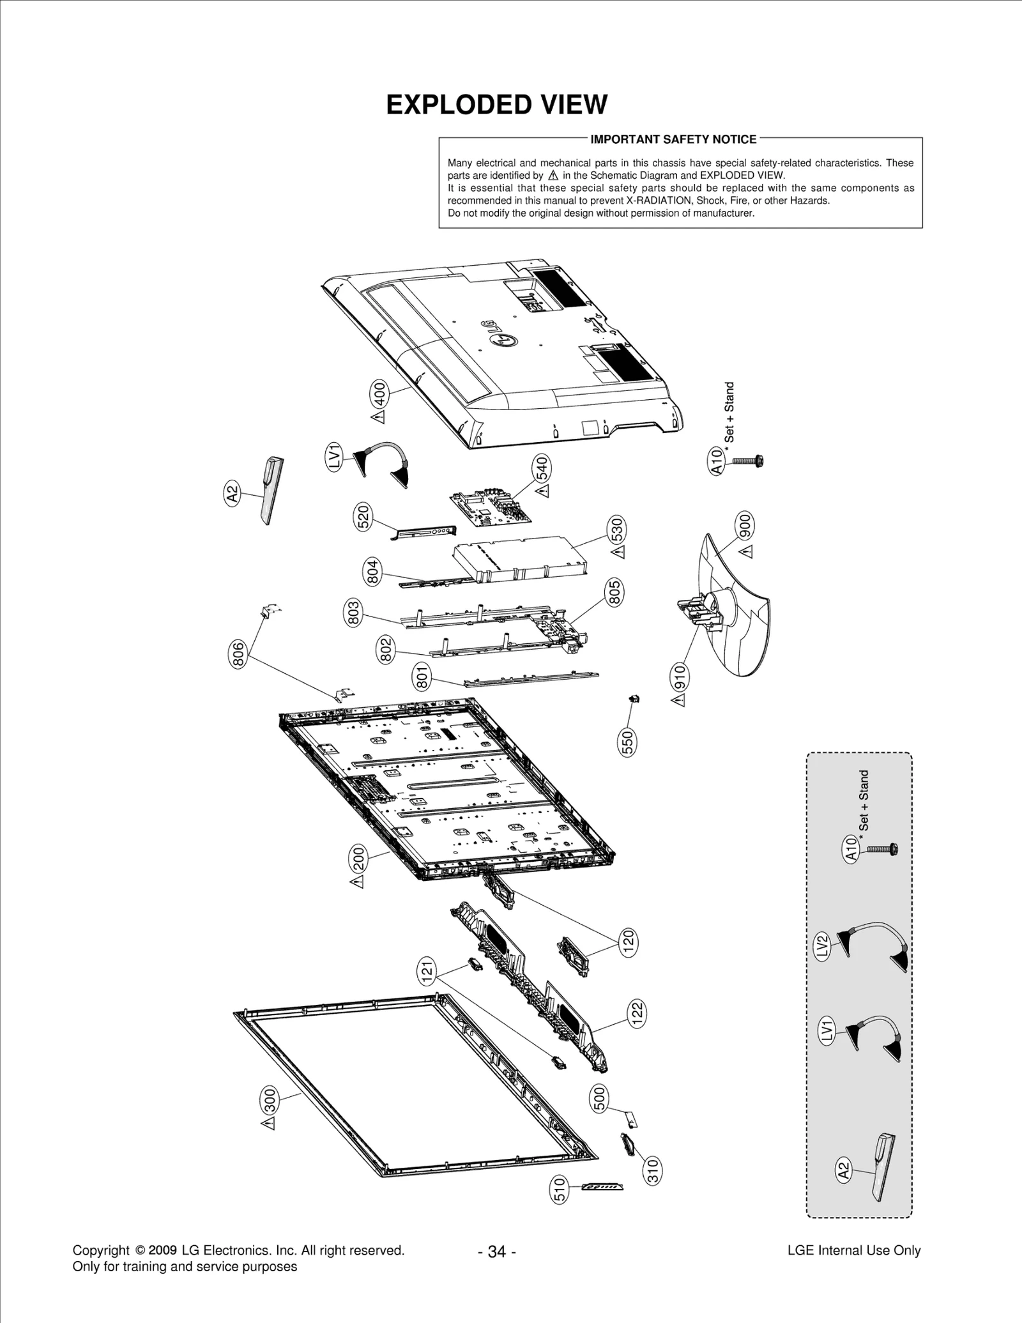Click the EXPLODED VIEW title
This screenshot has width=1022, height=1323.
point(496,105)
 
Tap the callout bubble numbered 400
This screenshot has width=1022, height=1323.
point(379,394)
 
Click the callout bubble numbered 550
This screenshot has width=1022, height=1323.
point(627,742)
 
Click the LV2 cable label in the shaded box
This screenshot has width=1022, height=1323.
point(822,945)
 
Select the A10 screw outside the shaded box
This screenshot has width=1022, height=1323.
point(748,460)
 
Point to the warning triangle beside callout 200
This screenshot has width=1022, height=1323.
point(358,882)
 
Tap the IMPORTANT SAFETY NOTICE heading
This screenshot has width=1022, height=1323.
point(673,139)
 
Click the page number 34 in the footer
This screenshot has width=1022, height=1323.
point(496,1251)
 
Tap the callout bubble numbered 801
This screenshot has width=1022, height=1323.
point(422,677)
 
